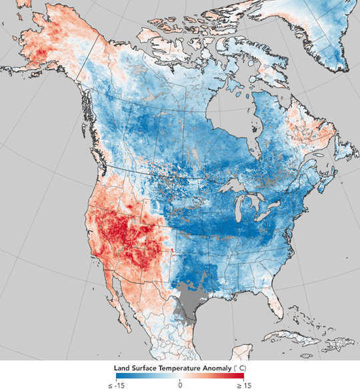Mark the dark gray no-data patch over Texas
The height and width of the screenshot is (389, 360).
pos(190,301)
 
